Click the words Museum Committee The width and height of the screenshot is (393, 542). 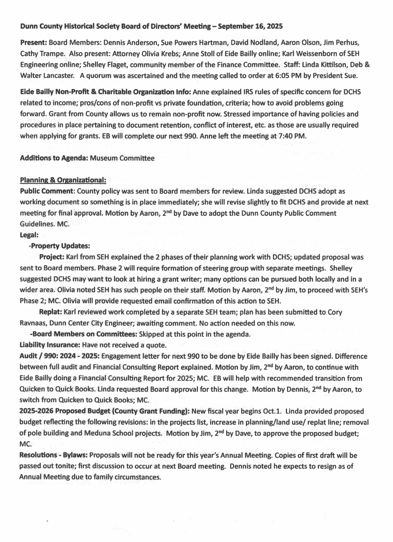click(122, 158)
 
